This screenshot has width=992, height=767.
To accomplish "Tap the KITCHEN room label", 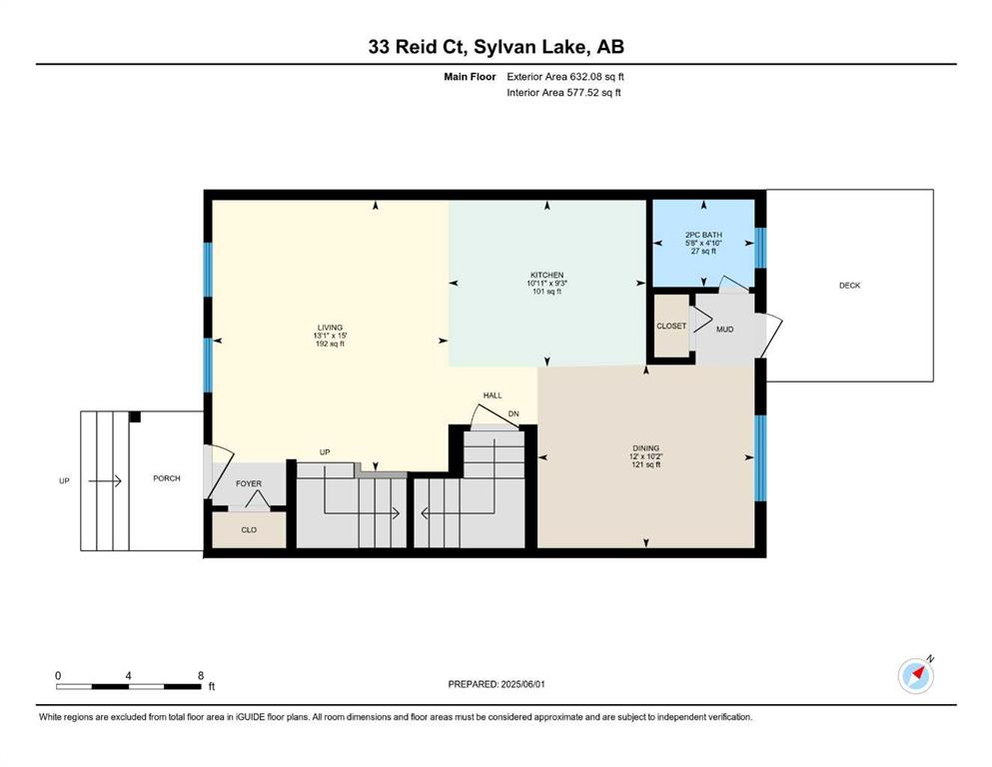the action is (x=546, y=275).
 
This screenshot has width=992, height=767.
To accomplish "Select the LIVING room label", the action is (x=330, y=328).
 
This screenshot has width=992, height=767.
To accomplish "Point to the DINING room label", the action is (x=645, y=448).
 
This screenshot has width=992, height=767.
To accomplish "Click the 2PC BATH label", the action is (x=703, y=235).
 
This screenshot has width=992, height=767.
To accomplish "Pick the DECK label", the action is (x=849, y=286).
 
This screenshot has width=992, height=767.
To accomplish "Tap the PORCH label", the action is (x=167, y=478).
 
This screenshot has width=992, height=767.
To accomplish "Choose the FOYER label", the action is (x=249, y=483).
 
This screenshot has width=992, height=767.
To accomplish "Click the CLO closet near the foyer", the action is (x=249, y=530).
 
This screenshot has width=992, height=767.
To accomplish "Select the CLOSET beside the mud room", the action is (x=671, y=326).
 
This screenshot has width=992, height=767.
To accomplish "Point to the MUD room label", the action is (x=724, y=330).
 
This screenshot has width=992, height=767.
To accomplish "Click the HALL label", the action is (x=493, y=395).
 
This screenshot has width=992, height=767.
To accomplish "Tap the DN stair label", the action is (x=513, y=414).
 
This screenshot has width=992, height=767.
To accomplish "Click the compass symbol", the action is (x=915, y=676).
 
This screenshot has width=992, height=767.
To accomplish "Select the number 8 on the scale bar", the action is (x=201, y=675).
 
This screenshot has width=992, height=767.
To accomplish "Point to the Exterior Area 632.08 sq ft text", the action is (x=565, y=77).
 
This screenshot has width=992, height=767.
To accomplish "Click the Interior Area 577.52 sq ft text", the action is (x=563, y=92).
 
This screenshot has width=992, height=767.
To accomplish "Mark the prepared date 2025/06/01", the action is (x=522, y=684).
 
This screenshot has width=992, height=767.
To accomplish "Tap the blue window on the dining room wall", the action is (x=761, y=457).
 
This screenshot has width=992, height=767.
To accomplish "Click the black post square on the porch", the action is (x=135, y=416).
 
